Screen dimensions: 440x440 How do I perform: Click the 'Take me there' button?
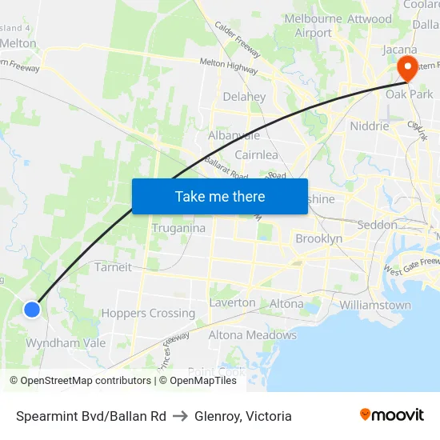tap(219, 196)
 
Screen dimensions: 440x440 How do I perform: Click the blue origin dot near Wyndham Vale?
tap(32, 309)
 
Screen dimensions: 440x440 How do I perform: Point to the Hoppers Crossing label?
tap(148, 314)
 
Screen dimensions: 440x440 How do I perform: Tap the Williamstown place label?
tap(375, 305)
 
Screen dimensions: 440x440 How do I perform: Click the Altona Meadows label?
tap(252, 335)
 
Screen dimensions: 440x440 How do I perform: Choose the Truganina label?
tap(178, 228)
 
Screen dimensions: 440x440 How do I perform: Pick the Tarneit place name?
tap(113, 267)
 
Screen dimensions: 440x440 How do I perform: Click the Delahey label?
tap(244, 97)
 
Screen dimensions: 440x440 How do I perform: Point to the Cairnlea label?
tap(256, 154)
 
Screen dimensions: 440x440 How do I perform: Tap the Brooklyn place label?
tap(318, 238)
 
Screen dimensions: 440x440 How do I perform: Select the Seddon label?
tap(377, 225)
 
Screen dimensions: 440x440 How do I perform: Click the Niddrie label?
tap(370, 126)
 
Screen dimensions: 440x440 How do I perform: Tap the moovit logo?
tap(392, 415)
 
